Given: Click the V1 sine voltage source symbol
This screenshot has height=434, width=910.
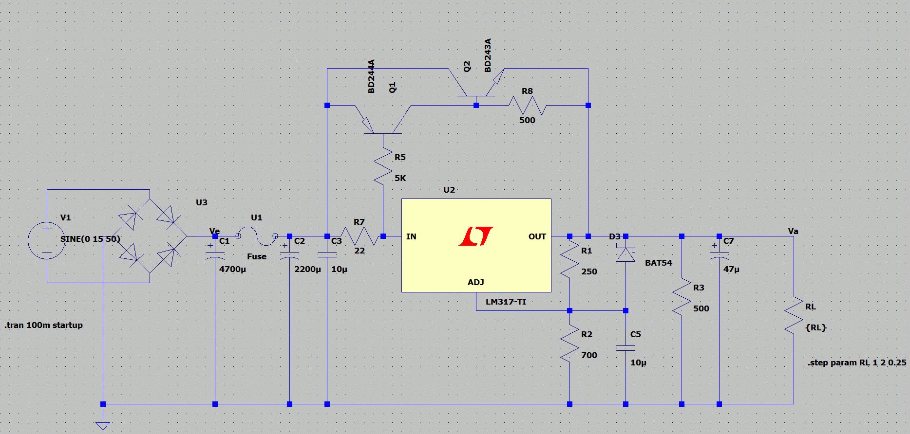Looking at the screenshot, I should click(46, 241).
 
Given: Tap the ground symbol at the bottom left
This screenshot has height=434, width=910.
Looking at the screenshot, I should click(103, 425).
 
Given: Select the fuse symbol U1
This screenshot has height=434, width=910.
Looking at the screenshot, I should click(257, 236).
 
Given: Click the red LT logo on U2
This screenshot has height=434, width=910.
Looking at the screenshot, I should click(476, 236).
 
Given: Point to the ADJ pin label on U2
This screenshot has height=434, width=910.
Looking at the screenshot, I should click(475, 282).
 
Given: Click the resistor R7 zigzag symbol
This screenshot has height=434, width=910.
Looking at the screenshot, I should click(359, 236).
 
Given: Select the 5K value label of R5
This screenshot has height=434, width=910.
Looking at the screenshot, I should click(400, 178).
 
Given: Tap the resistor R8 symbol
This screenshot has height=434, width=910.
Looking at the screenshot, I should click(527, 105).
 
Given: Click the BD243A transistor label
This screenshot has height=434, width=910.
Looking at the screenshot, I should click(488, 55).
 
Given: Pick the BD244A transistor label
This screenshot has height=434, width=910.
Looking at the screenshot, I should click(371, 76).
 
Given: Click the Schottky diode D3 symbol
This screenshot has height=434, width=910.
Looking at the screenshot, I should click(626, 254).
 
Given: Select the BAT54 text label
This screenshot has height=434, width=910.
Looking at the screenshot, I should click(658, 263).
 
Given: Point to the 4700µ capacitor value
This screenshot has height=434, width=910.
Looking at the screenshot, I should click(232, 269).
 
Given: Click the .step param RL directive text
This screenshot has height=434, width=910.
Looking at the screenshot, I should click(856, 362).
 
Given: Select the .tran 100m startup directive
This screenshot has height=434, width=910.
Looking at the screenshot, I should click(44, 325).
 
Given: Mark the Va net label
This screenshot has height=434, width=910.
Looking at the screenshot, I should click(793, 231).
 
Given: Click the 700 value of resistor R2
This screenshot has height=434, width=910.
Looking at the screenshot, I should click(589, 355).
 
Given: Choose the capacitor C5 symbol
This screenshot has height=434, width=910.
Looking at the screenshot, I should click(626, 348).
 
